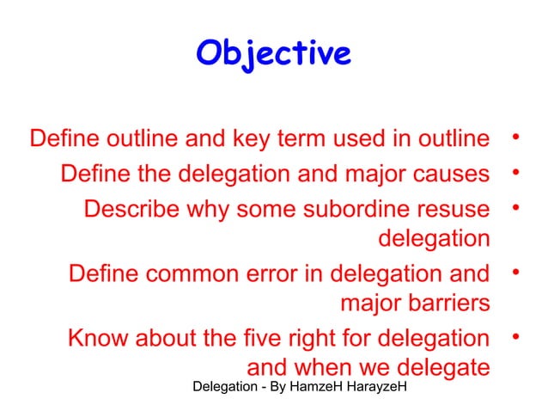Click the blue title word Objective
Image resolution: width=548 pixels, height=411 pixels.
pyautogui.click(x=273, y=53)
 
